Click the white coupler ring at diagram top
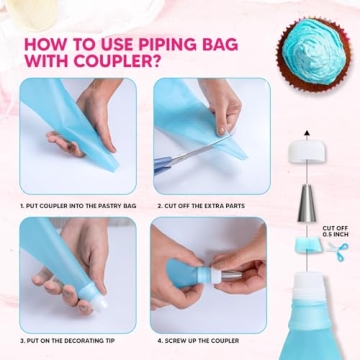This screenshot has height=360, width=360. [x=301, y=152]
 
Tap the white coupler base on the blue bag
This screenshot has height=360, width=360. [x=301, y=266]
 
